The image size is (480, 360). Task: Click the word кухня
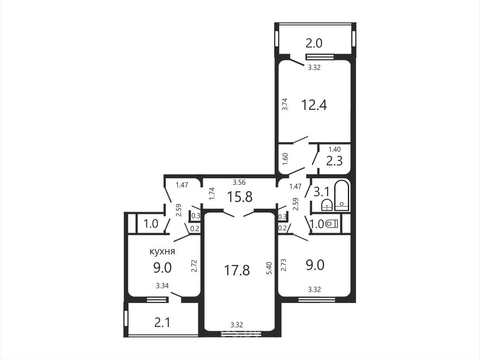(x=162, y=251)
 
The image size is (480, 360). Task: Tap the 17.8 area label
(x=237, y=270)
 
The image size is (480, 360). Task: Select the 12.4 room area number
(x=314, y=105)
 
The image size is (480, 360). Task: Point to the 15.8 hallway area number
(x=240, y=197)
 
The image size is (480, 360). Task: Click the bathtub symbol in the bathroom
(x=342, y=195)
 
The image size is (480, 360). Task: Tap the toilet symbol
(x=332, y=224)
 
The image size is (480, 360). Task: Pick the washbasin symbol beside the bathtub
(x=327, y=205)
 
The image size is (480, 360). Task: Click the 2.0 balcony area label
(x=314, y=43)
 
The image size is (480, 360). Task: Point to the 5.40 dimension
(x=269, y=268)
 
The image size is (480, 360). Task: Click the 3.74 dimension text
(x=285, y=104)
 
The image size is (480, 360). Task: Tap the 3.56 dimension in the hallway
(x=239, y=182)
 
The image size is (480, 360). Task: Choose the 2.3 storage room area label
(x=334, y=161)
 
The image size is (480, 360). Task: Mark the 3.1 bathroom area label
(x=321, y=192)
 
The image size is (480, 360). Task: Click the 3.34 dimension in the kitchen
(x=162, y=286)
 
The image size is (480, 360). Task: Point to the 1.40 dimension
(x=335, y=149)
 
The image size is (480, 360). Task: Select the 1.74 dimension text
(x=212, y=193)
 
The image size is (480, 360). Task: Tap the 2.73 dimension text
(x=284, y=265)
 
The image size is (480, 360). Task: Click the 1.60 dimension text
(x=285, y=159)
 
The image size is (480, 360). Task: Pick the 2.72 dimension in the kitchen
(x=194, y=266)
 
